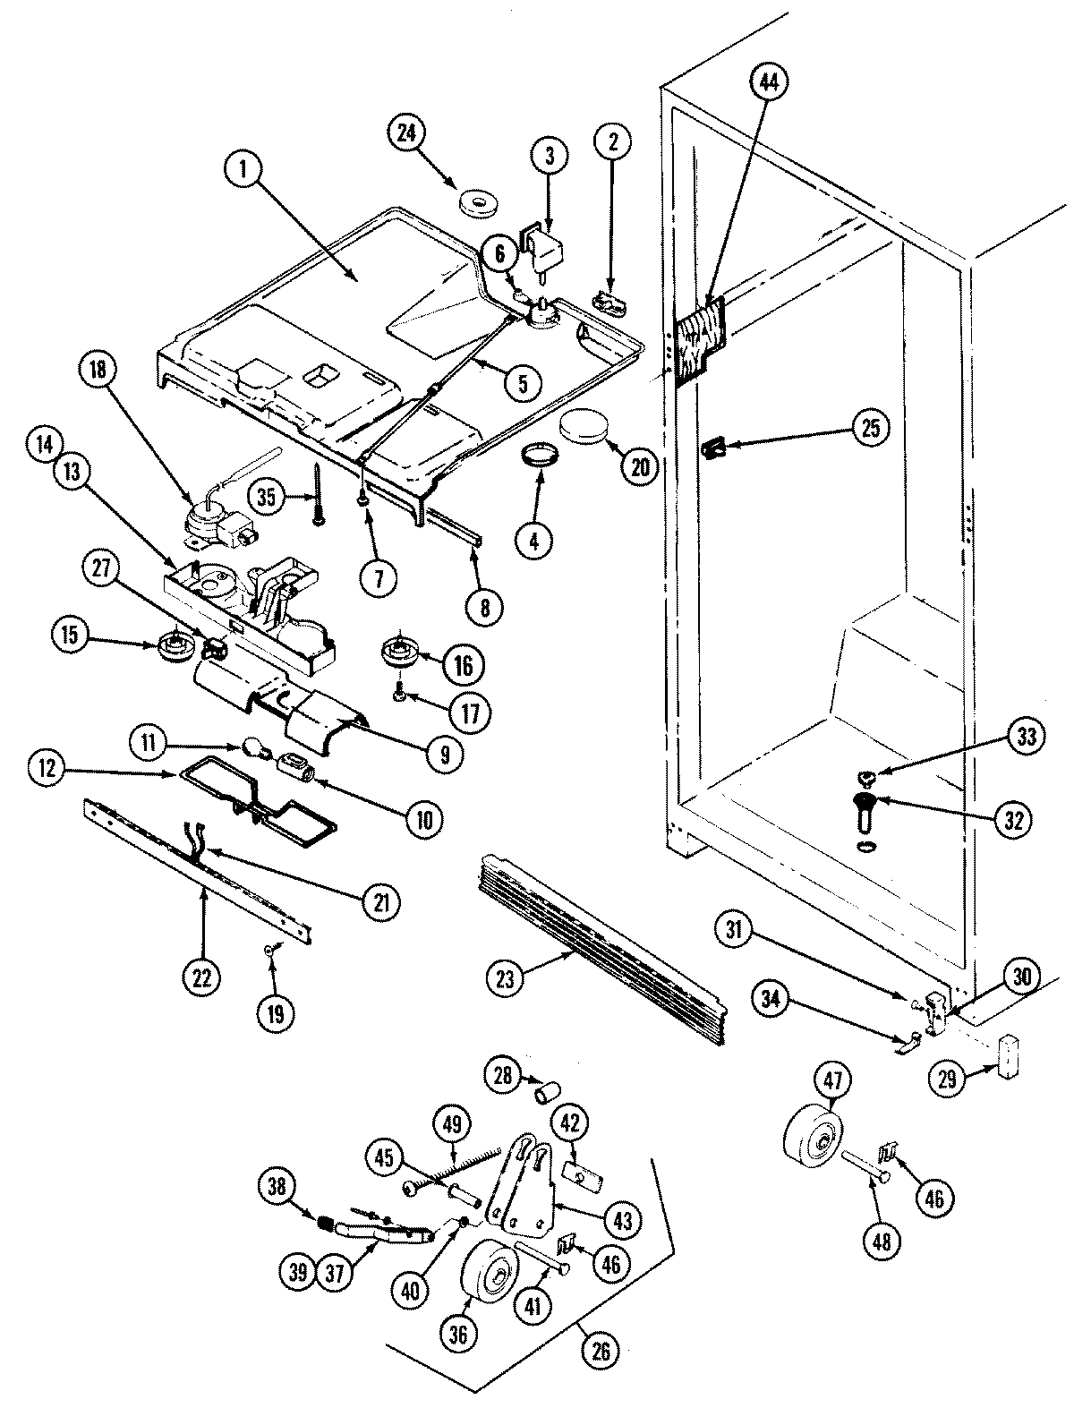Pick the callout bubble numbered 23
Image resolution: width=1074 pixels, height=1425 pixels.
pyautogui.click(x=506, y=979)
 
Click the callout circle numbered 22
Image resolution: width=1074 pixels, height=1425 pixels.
pyautogui.click(x=202, y=978)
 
